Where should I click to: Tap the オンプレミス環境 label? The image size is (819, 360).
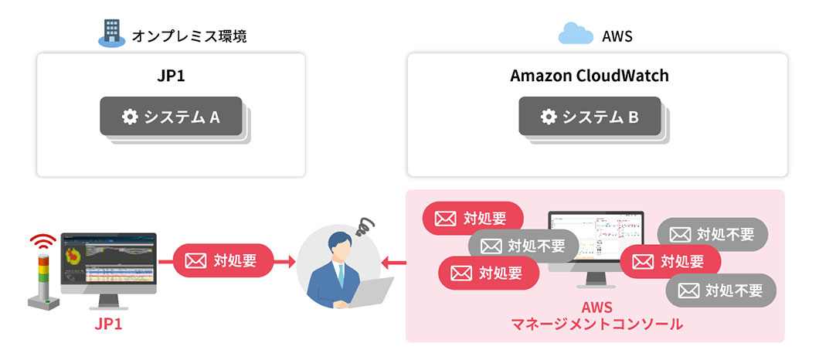pos(190,35)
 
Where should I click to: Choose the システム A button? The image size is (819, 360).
pos(171,117)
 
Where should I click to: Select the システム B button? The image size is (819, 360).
pos(589,117)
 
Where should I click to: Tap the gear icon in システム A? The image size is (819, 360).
pos(130,117)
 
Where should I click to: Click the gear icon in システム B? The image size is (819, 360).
pos(549,117)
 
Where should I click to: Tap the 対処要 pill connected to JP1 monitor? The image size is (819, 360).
pos(223,260)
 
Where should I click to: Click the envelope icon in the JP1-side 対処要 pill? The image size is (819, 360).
pos(195,261)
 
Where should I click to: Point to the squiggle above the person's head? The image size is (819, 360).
pos(363,228)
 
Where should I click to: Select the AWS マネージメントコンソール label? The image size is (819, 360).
pos(596,316)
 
